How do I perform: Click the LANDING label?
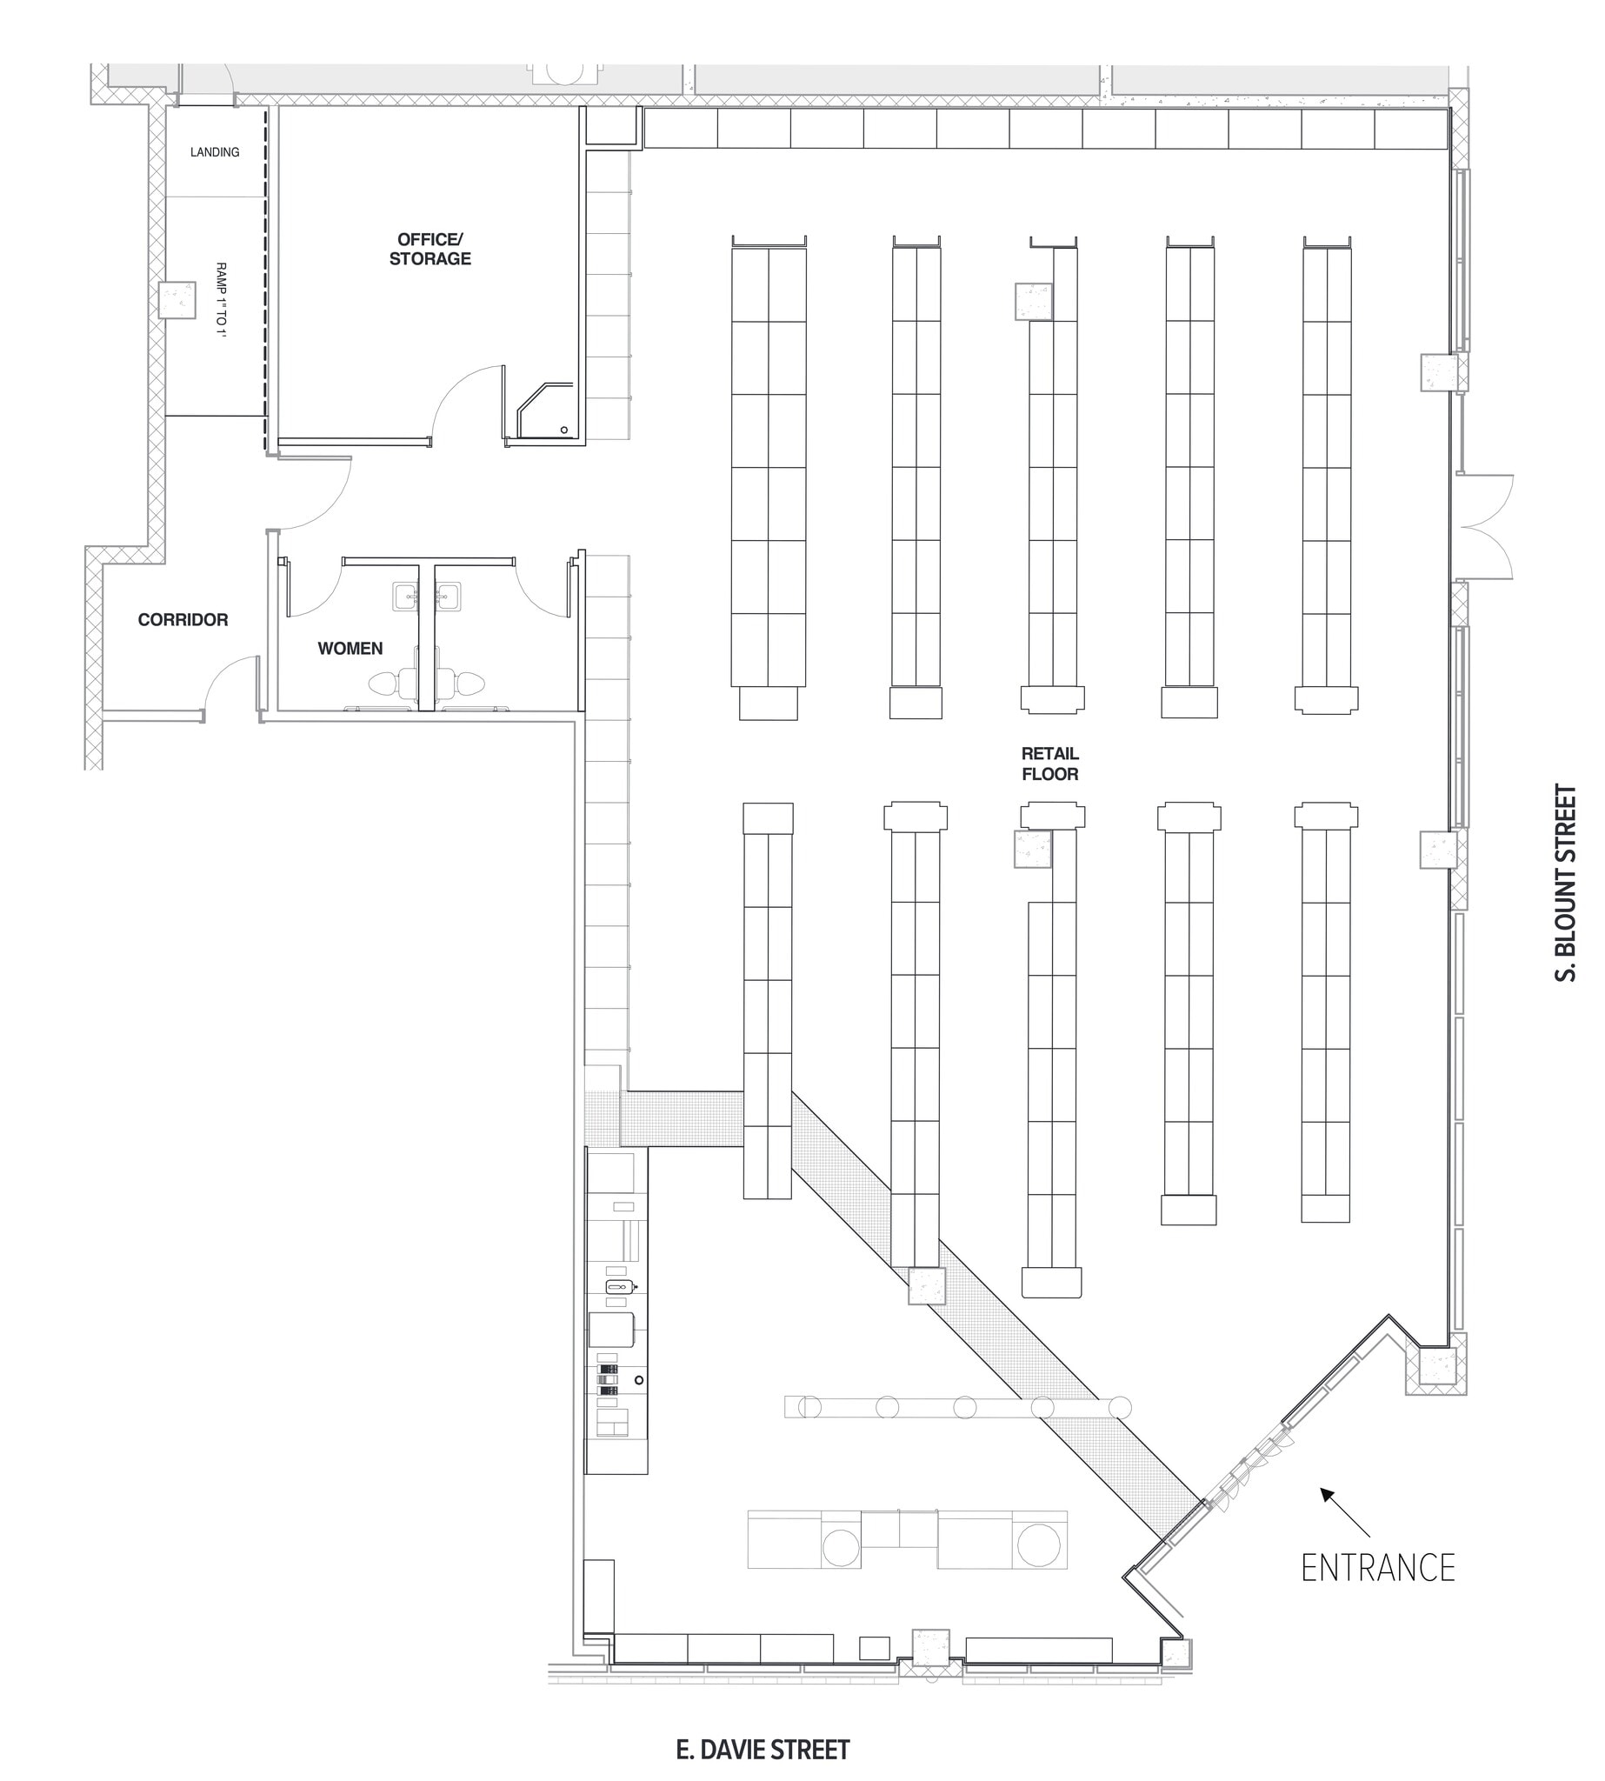click(x=214, y=152)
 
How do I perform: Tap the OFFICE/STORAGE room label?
click(x=430, y=249)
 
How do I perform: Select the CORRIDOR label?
click(x=183, y=620)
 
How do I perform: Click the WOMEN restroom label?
click(x=350, y=649)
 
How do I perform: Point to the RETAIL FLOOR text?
click(x=1049, y=764)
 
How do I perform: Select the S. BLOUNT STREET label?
click(x=1564, y=883)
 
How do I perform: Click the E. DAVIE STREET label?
click(x=763, y=1725)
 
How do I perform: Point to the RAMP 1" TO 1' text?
click(x=222, y=300)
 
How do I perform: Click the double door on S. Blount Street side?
click(x=1486, y=527)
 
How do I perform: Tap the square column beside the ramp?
click(x=176, y=300)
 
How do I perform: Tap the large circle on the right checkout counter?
click(x=1038, y=1545)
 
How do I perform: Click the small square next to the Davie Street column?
click(x=874, y=1647)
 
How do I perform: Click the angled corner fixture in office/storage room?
click(x=543, y=410)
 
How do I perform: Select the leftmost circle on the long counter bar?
click(x=809, y=1407)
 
